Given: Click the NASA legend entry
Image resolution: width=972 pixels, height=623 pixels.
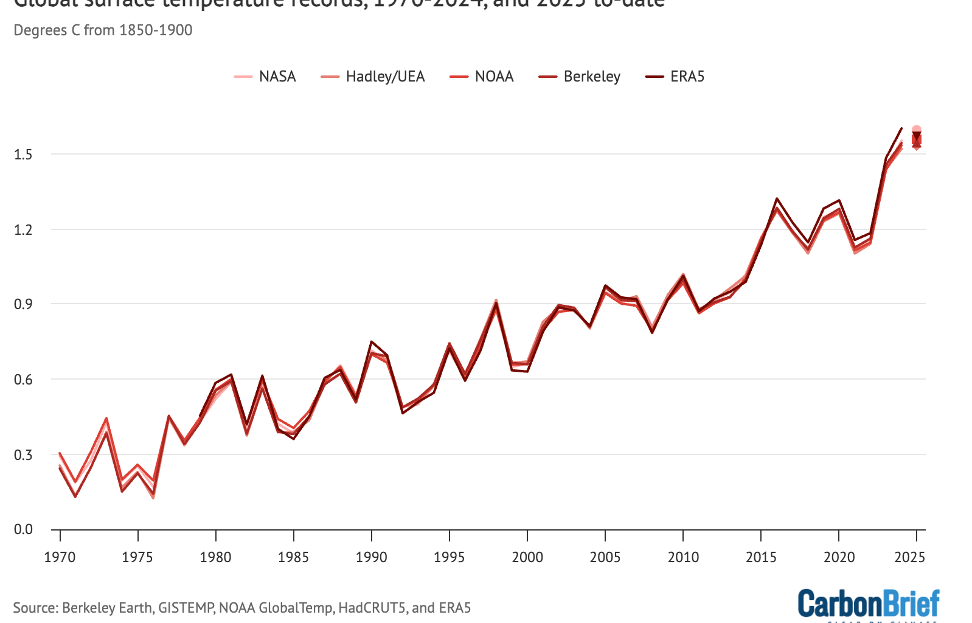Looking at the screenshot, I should (266, 77).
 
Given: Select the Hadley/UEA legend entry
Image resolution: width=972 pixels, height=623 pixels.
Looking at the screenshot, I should (373, 77).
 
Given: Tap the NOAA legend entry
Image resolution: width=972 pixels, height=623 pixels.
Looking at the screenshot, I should (482, 77).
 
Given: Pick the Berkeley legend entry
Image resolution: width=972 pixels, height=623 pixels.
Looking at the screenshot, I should (580, 77).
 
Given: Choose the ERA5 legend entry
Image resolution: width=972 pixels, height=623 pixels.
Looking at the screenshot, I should (675, 77).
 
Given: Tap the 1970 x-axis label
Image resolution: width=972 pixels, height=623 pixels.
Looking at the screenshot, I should (60, 557).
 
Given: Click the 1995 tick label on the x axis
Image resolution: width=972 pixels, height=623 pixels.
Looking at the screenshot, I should (449, 557).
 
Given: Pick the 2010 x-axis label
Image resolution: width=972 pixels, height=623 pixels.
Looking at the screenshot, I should (683, 557).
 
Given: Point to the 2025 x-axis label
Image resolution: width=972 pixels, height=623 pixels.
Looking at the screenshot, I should (910, 557).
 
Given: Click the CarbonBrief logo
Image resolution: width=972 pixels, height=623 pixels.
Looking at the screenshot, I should (869, 604).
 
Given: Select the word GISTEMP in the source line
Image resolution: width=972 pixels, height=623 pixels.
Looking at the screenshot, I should (186, 608).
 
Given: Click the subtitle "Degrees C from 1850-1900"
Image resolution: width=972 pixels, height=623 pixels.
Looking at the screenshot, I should (103, 30).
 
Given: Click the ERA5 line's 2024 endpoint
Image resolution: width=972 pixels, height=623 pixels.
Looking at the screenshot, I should (901, 128).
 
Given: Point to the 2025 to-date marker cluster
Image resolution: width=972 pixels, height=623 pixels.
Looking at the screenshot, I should (916, 139).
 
